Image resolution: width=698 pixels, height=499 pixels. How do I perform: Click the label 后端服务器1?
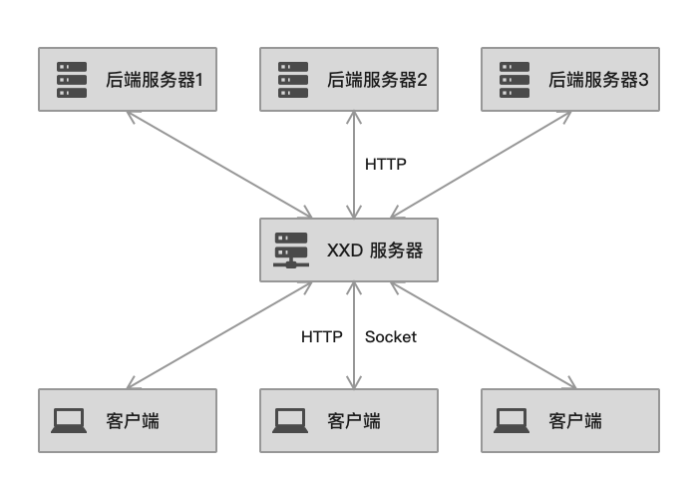[155, 79]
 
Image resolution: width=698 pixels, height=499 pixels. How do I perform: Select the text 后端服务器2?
[377, 79]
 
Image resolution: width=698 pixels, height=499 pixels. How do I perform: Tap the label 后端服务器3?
[598, 79]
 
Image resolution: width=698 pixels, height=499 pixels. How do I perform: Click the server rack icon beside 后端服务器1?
[72, 79]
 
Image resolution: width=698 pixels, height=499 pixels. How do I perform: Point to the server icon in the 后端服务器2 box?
[293, 79]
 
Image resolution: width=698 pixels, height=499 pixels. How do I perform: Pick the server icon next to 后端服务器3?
[515, 79]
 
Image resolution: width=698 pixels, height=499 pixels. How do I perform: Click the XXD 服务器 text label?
[375, 250]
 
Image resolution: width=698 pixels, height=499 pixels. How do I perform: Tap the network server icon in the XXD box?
[291, 250]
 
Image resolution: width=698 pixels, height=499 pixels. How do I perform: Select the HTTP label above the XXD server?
[386, 164]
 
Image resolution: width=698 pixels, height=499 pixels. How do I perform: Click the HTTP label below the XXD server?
[322, 337]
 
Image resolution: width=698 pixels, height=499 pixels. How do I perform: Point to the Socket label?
[390, 337]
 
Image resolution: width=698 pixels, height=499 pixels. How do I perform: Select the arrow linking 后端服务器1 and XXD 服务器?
[219, 165]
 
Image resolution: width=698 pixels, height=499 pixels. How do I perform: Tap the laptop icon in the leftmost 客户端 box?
[69, 420]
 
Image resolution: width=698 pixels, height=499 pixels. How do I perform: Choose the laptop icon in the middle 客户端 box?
[290, 420]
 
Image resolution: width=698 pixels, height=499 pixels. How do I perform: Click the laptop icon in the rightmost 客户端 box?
[512, 420]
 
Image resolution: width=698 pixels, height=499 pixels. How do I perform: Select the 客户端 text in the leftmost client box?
[132, 421]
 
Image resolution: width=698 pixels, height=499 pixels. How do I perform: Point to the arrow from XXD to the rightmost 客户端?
[483, 335]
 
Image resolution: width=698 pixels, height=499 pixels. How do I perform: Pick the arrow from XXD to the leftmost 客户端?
[219, 335]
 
